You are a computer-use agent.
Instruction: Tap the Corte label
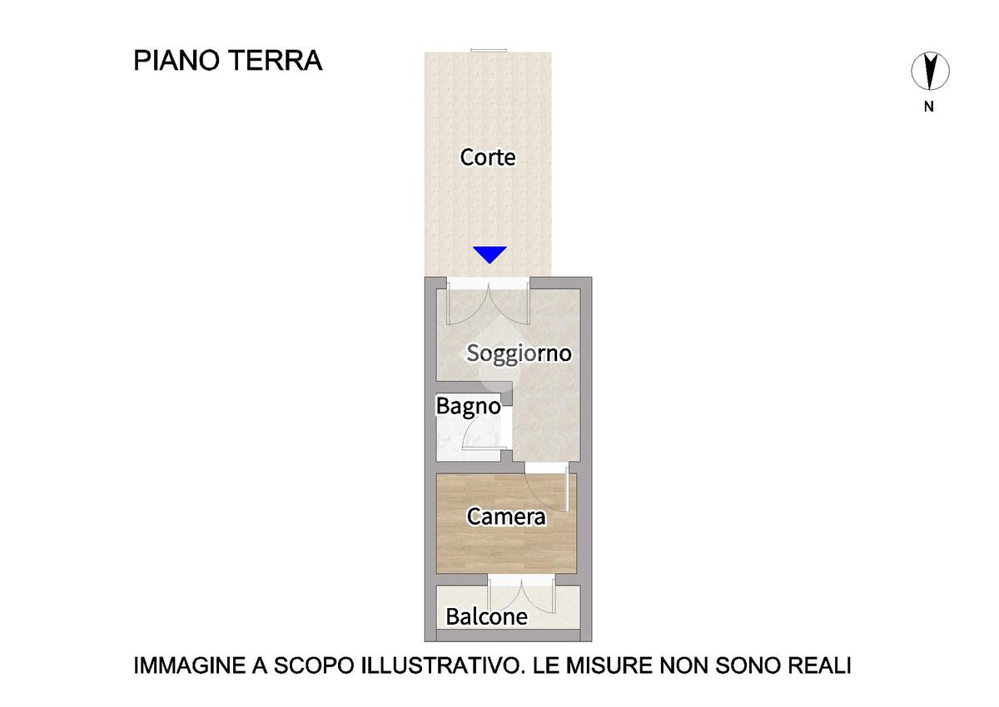click(488, 157)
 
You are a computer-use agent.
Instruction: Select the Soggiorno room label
click(519, 353)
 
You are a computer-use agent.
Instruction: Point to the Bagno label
click(468, 406)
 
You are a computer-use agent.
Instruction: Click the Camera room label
click(506, 517)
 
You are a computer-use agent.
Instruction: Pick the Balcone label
click(486, 616)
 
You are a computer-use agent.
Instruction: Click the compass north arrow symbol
click(930, 72)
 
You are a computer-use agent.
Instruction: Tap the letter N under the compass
click(929, 106)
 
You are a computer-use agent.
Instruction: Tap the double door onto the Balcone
click(521, 595)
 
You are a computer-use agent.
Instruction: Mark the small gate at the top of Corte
click(489, 51)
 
